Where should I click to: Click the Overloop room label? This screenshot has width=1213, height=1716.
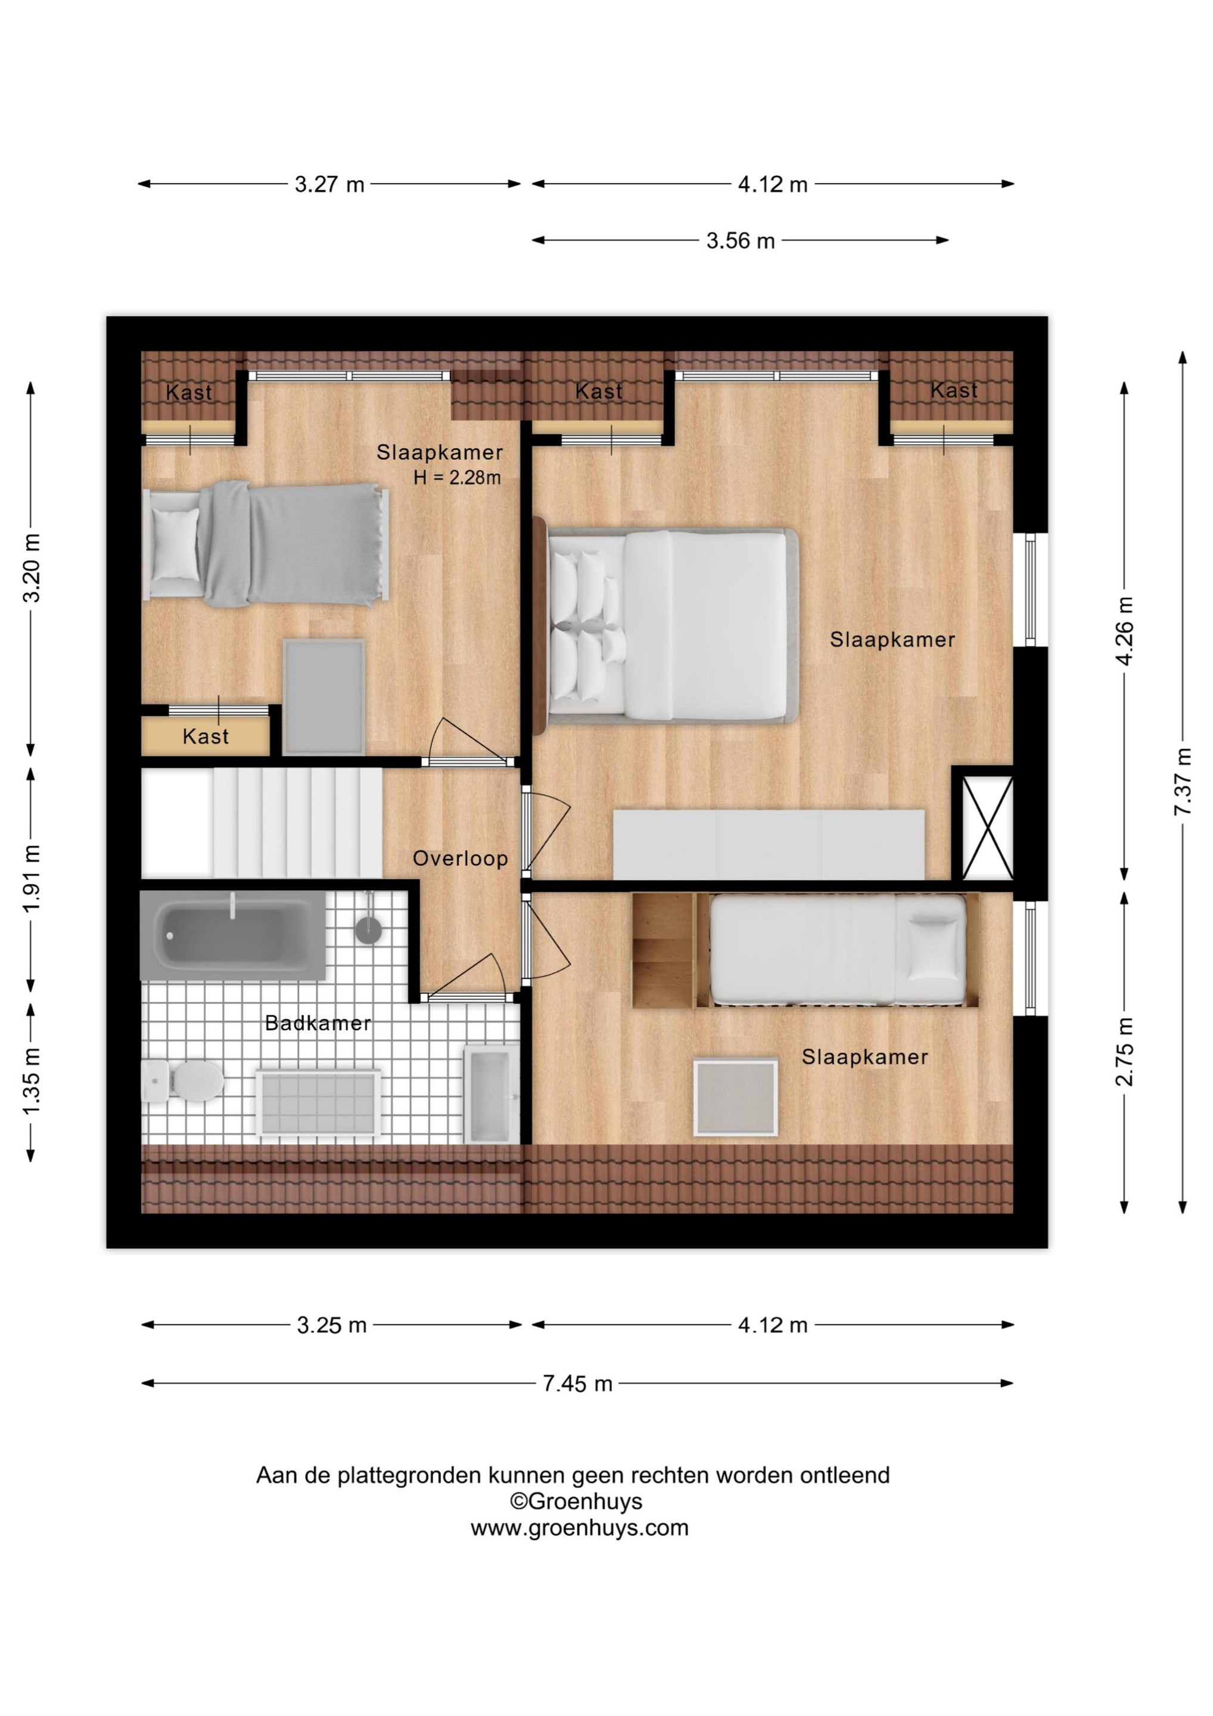pyautogui.click(x=461, y=859)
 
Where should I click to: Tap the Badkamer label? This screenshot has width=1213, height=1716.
pyautogui.click(x=318, y=1023)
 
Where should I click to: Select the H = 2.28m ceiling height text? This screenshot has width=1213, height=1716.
pyautogui.click(x=458, y=478)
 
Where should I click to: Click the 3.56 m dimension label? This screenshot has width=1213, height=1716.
pyautogui.click(x=741, y=241)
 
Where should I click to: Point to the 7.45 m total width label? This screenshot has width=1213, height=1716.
pyautogui.click(x=578, y=1384)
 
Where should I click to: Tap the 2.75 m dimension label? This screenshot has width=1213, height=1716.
pyautogui.click(x=1125, y=1052)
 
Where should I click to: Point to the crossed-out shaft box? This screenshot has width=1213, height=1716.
pyautogui.click(x=987, y=828)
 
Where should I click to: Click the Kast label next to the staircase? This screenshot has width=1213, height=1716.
pyautogui.click(x=206, y=737)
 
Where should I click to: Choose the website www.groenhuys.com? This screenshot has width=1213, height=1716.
pyautogui.click(x=579, y=1528)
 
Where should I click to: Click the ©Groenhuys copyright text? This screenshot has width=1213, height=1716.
pyautogui.click(x=576, y=1501)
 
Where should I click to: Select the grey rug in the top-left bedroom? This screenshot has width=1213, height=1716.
pyautogui.click(x=324, y=697)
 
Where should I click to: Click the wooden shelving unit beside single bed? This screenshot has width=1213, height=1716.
pyautogui.click(x=663, y=951)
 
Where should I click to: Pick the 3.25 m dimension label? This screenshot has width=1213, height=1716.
pyautogui.click(x=332, y=1325)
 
